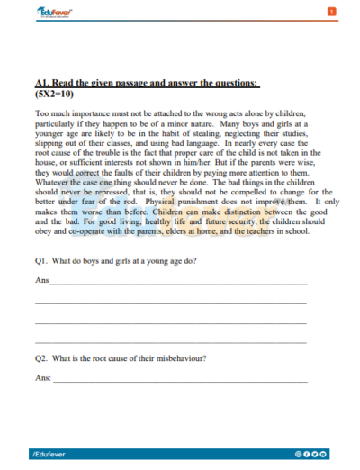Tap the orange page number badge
click(332, 10)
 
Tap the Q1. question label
click(41, 261)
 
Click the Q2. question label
click(41, 358)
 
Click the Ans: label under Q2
click(43, 379)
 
